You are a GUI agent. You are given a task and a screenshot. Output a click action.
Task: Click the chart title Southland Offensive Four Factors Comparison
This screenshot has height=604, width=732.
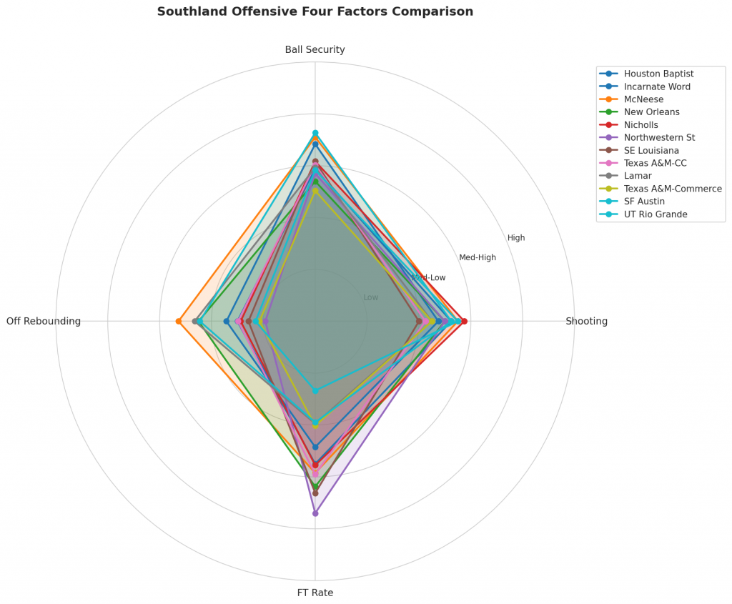tap(315, 11)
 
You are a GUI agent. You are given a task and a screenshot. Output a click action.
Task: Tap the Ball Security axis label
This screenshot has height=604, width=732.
tap(315, 49)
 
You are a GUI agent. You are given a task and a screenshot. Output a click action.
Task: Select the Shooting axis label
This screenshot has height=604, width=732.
tap(586, 321)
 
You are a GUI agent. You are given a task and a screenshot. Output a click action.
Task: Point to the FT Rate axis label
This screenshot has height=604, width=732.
tap(315, 593)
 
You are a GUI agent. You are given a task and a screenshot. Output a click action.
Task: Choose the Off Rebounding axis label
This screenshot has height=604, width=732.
tap(44, 321)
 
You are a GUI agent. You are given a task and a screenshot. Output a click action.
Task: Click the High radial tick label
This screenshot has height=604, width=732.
tap(516, 238)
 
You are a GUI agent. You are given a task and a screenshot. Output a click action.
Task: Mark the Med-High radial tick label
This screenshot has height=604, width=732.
tap(478, 257)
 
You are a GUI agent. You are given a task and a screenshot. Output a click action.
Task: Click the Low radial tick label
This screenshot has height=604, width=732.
tap(371, 297)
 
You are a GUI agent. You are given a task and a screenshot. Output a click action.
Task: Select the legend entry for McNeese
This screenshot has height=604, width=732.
tap(643, 99)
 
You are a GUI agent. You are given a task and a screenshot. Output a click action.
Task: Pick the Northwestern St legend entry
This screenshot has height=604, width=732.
tap(659, 138)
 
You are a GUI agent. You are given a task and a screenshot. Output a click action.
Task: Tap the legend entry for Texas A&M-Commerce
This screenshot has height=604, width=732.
tap(672, 189)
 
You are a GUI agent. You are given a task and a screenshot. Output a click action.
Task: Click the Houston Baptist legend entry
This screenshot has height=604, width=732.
tap(658, 74)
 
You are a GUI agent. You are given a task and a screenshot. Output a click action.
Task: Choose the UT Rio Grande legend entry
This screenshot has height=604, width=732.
tap(655, 214)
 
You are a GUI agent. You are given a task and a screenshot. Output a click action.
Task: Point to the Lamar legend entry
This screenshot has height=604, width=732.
tap(636, 176)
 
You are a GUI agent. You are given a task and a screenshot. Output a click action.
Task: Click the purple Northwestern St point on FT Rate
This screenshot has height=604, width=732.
tap(315, 513)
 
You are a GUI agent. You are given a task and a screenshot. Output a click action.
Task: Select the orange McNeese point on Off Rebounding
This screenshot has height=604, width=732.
tap(179, 321)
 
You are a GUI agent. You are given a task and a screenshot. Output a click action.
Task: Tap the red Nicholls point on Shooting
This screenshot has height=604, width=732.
tap(465, 321)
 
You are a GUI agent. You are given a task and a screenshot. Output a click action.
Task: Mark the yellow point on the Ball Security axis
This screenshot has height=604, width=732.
tap(315, 191)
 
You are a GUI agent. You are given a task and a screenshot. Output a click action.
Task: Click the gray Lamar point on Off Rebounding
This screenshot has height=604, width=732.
tap(195, 321)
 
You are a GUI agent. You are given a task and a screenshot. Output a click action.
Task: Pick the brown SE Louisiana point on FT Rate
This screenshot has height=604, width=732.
tap(315, 493)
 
